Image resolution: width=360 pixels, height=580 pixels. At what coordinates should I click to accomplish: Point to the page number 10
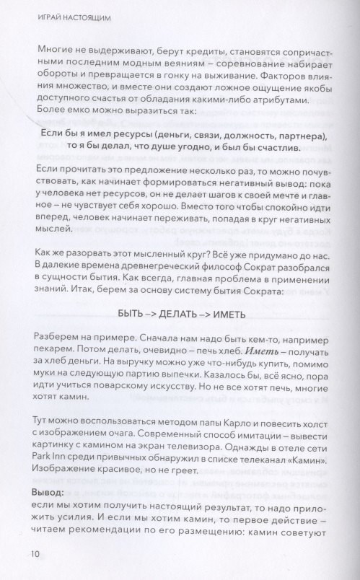35,555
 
